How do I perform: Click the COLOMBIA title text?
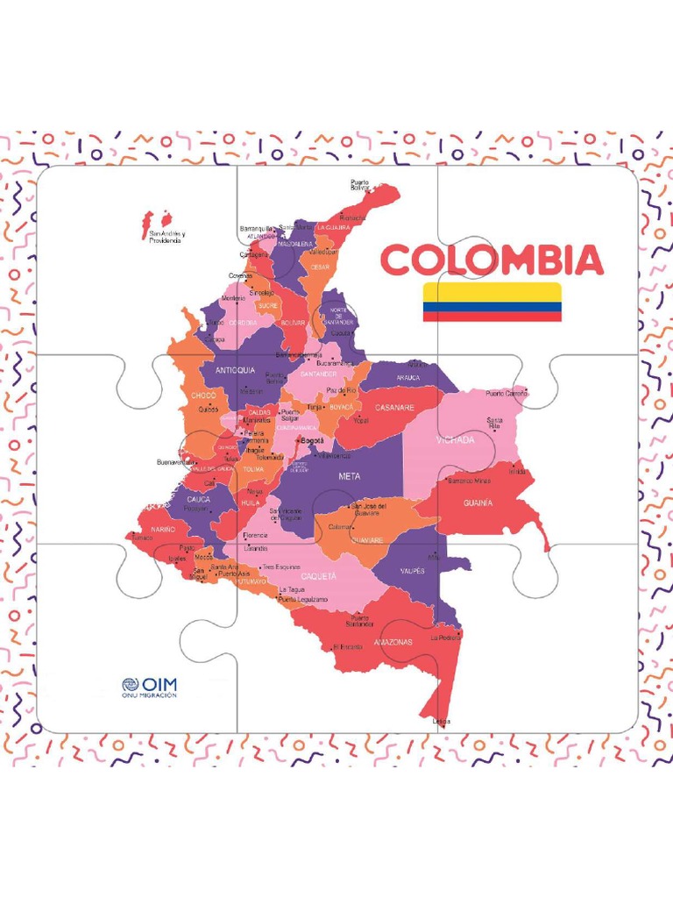point(492,260)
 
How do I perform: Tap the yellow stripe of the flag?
point(492,292)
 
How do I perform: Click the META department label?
point(349,476)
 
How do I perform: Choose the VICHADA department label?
point(455,440)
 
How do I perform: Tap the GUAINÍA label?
point(478,503)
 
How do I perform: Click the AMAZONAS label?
point(393,642)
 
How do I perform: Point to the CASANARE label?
point(394,407)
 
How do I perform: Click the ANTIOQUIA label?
point(234,370)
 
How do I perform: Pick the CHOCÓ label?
point(202,395)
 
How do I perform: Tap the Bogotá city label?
point(311,440)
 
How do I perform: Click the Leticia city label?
point(442,722)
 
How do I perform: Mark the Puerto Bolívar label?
point(360,185)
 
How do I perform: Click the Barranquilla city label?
point(257,229)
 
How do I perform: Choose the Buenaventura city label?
point(175,462)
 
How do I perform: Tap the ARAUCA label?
point(408,378)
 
